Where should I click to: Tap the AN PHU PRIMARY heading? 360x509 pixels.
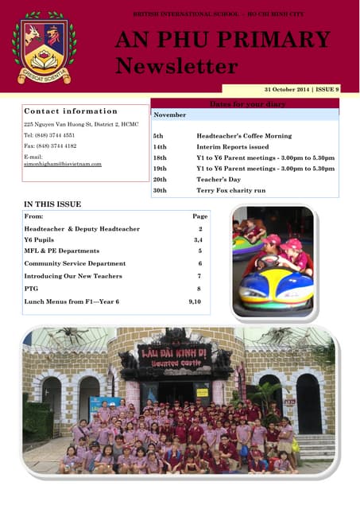223,40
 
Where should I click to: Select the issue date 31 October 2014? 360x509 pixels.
292,90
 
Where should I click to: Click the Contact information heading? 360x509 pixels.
71,111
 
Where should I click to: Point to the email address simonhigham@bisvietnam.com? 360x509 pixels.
63,164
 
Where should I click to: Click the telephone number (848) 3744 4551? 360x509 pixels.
50,135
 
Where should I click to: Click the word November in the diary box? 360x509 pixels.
170,115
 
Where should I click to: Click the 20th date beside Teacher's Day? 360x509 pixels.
160,180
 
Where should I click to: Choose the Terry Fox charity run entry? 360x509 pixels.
230,191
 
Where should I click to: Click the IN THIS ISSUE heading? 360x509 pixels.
52,204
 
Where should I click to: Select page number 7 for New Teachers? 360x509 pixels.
199,276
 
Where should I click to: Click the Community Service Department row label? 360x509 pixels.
75,263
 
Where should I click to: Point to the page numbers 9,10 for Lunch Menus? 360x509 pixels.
195,302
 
